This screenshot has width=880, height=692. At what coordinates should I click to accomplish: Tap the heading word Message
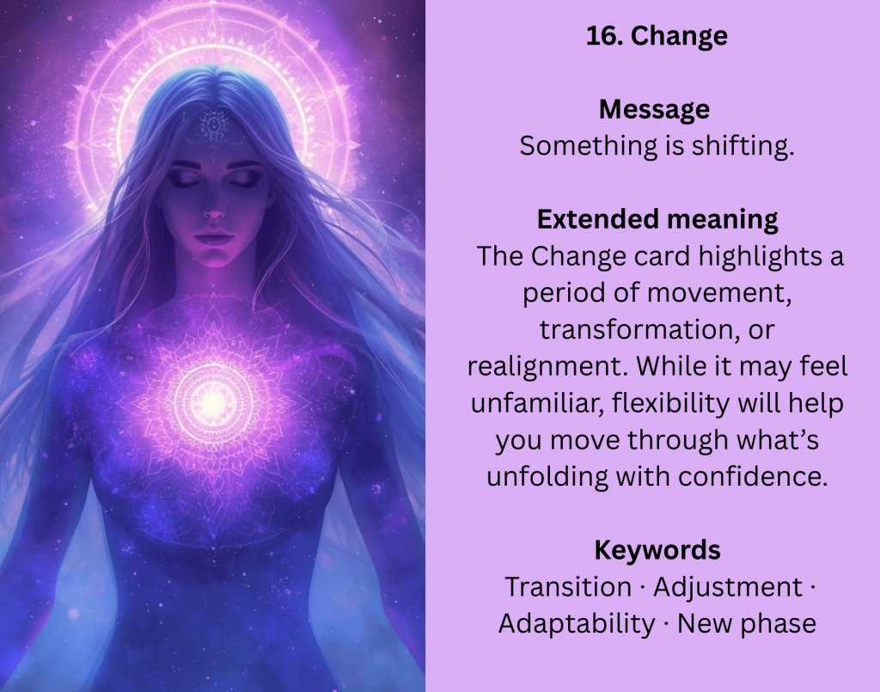[x=654, y=109]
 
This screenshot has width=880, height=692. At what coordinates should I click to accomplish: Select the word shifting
[x=743, y=146]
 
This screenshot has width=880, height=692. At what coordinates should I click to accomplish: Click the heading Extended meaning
[x=657, y=219]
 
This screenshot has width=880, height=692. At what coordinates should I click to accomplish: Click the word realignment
[x=548, y=366]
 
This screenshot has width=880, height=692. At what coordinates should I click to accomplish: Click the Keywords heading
[x=657, y=550]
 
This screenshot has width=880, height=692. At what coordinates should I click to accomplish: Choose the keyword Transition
[x=568, y=587]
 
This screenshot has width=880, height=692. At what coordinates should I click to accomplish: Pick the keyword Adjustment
[x=728, y=588]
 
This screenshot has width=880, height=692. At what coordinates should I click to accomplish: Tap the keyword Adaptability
[x=577, y=624]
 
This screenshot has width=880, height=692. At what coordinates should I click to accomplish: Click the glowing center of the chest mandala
[x=213, y=401]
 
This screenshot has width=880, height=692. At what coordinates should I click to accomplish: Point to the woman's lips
[x=214, y=236]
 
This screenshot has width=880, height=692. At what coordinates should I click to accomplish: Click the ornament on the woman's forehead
[x=214, y=125]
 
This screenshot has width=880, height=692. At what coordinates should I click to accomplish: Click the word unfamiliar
[x=536, y=402]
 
